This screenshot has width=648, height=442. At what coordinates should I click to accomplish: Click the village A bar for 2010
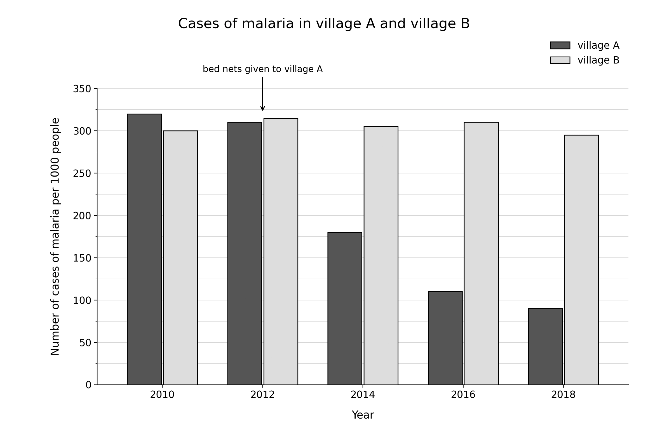tap(144, 249)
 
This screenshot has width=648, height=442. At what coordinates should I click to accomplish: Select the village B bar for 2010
tap(180, 258)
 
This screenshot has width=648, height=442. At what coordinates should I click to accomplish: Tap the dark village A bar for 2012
tap(245, 253)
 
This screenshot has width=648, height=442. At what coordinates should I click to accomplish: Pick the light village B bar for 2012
tap(281, 251)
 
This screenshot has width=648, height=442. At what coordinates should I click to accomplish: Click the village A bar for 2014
tap(345, 308)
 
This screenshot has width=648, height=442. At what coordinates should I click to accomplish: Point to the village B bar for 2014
tap(381, 256)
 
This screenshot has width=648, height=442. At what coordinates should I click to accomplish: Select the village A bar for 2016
tap(445, 338)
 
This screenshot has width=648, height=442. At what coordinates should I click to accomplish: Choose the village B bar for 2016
tap(481, 253)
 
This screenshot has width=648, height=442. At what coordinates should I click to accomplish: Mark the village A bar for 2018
tap(545, 347)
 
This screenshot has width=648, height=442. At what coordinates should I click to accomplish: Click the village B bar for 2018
tap(582, 260)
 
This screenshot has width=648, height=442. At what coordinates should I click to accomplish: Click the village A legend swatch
tap(560, 45)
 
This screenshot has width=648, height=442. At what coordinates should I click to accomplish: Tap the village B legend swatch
tap(560, 60)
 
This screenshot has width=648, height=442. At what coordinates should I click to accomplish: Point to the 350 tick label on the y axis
tap(82, 89)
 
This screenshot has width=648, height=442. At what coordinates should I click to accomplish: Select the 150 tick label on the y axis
tap(82, 258)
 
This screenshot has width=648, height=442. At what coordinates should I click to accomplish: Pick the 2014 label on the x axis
tap(363, 395)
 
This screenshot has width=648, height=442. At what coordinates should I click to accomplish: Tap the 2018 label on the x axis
tap(563, 395)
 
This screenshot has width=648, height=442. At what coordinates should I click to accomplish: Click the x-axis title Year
tap(363, 415)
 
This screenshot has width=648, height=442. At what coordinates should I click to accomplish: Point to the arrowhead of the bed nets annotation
tap(263, 109)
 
